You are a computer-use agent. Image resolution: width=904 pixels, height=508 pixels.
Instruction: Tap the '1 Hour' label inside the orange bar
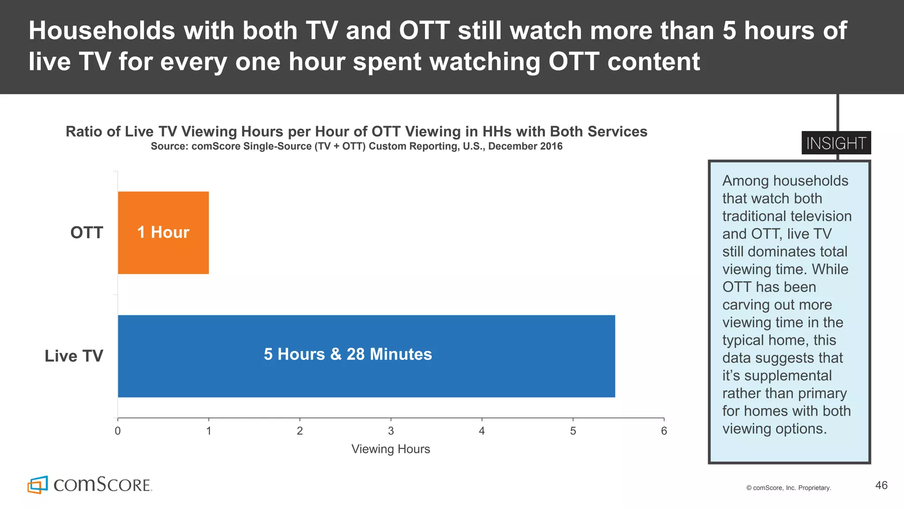(x=163, y=232)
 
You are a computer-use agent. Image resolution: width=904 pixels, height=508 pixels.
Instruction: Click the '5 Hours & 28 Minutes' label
(x=347, y=354)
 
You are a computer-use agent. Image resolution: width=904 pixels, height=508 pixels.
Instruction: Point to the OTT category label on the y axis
(x=87, y=232)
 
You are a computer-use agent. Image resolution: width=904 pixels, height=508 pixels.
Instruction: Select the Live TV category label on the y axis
(x=74, y=356)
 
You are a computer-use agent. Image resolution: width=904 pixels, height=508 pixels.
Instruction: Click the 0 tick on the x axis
(x=117, y=431)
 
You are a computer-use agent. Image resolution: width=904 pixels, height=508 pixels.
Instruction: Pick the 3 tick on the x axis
(x=391, y=431)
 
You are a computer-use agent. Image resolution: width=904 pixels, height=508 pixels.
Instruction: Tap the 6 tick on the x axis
(x=663, y=431)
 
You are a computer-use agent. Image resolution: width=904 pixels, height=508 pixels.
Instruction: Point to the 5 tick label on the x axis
(x=573, y=431)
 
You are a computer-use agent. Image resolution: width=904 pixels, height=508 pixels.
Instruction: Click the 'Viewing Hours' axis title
(x=390, y=449)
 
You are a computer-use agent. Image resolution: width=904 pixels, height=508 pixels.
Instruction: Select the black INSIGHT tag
(x=836, y=143)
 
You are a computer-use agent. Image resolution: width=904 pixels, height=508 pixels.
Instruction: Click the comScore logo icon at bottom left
(x=38, y=485)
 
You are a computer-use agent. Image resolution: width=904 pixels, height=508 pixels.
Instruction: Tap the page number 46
(x=881, y=485)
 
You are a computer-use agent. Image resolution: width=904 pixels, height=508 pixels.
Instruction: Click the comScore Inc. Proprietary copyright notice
(x=788, y=488)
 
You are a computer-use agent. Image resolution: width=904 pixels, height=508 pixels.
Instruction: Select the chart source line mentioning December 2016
(x=356, y=146)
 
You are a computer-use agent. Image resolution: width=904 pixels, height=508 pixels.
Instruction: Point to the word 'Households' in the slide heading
(x=102, y=31)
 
